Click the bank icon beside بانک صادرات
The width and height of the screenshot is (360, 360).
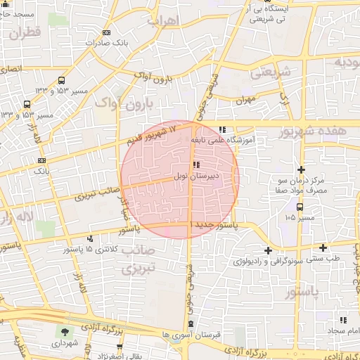coord(106,33)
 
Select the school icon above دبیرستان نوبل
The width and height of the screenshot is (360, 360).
coord(195,164)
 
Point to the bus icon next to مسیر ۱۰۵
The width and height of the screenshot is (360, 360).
coord(300,207)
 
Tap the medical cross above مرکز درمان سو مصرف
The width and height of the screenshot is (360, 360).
coord(301,169)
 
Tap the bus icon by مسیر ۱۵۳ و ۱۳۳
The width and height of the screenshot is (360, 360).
coord(61,80)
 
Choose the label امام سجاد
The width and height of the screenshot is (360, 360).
coord(341,330)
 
